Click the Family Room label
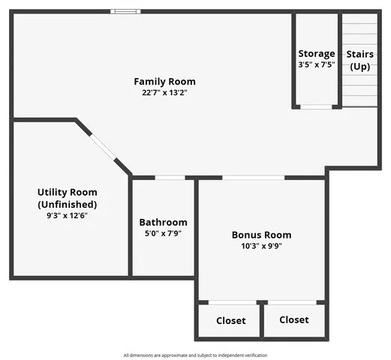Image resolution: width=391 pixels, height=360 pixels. [x=164, y=82]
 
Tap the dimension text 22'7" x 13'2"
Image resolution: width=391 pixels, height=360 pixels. [x=164, y=94]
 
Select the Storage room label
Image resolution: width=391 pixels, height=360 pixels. [x=317, y=54]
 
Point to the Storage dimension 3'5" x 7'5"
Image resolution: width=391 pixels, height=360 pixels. [x=317, y=65]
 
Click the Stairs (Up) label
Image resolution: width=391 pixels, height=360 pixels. [x=359, y=60]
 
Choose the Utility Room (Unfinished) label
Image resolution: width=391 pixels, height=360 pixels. [x=67, y=198]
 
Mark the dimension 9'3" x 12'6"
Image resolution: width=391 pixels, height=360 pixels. [x=67, y=215]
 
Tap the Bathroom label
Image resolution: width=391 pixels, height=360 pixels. [x=163, y=223]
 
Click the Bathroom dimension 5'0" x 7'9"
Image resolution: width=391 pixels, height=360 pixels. [x=163, y=233]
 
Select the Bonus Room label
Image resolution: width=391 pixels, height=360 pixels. [x=261, y=235]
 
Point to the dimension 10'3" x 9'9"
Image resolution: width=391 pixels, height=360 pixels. [x=261, y=246]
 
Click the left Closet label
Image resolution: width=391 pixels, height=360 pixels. [x=230, y=321]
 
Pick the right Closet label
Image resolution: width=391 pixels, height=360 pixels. [x=293, y=319]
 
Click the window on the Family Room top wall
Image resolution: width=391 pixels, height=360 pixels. [x=125, y=11]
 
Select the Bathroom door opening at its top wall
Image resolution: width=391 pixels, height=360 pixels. [x=170, y=178]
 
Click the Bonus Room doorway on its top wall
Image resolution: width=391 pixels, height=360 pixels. [x=253, y=178]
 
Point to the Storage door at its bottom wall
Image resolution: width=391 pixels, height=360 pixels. [x=315, y=106]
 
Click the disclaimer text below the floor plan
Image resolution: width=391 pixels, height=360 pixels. [x=195, y=355]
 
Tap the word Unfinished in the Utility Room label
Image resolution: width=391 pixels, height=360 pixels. [x=67, y=204]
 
